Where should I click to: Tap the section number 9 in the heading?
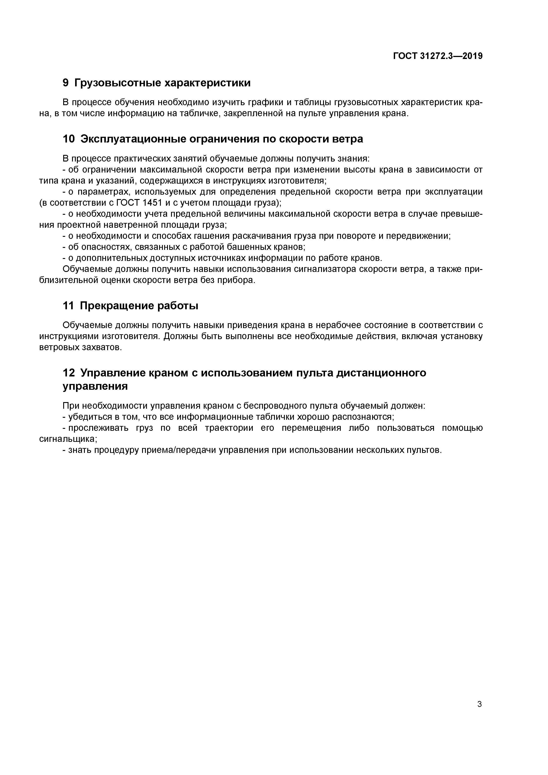pos(66,83)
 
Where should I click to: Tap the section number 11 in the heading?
pos(68,306)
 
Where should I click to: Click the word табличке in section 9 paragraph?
pos(195,113)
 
